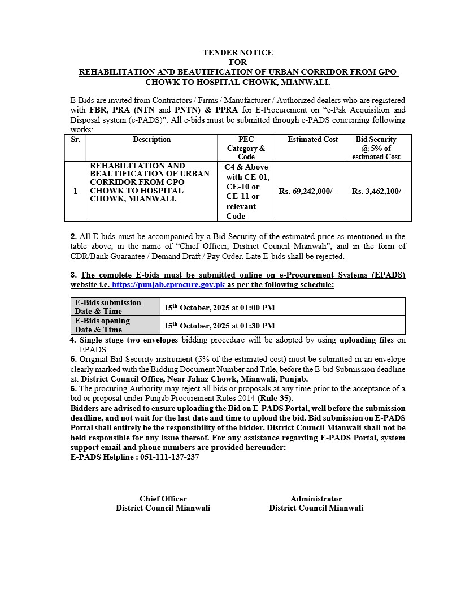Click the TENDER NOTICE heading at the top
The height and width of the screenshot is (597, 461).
[237, 53]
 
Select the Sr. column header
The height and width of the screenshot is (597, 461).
[75, 140]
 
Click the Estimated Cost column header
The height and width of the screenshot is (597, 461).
[312, 140]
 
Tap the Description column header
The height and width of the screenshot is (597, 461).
[151, 140]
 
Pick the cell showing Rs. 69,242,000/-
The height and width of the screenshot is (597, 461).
[307, 192]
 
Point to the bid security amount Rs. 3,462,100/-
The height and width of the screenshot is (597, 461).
[377, 192]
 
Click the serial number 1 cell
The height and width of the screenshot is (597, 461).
[75, 192]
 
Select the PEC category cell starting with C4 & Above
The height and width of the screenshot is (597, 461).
[246, 192]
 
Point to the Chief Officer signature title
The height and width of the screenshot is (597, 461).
[163, 499]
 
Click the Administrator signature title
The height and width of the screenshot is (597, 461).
[316, 499]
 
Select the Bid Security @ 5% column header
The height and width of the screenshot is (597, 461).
[376, 148]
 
